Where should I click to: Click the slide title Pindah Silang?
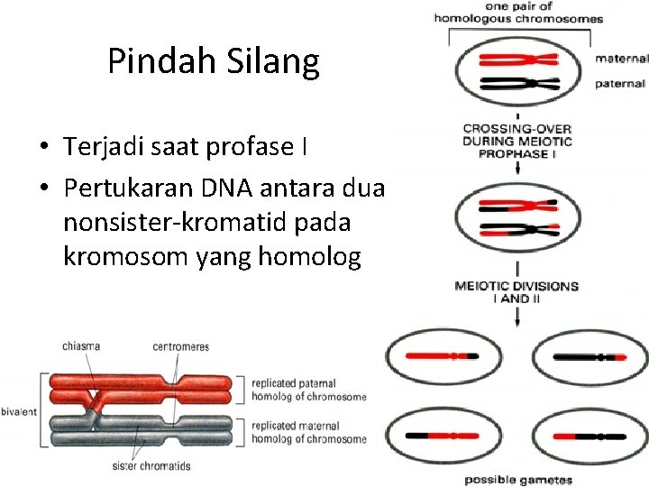pos(214,61)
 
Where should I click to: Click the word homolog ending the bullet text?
pos(309,258)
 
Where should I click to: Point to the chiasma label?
pos(81,345)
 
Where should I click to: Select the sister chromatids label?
pos(151,466)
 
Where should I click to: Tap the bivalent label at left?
pos(19,411)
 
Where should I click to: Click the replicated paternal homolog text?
pos(309,389)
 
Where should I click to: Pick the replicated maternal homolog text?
pos(309,432)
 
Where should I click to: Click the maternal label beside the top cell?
pos(620,60)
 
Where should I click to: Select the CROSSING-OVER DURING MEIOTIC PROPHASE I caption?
pos(517,142)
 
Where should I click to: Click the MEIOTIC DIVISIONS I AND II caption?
pos(516,292)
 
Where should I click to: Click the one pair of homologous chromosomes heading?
pos(517,12)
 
